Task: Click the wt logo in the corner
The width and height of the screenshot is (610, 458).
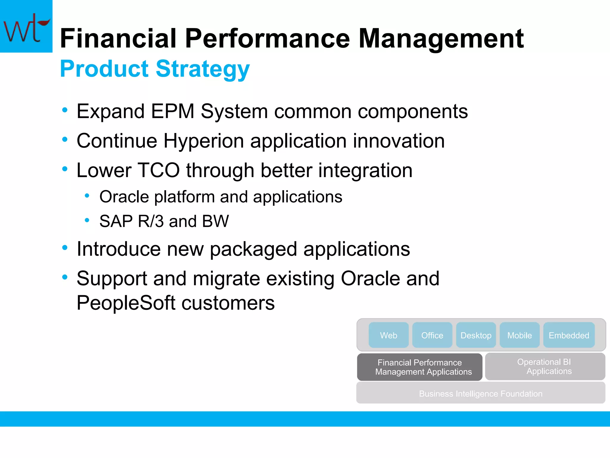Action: [x=26, y=26]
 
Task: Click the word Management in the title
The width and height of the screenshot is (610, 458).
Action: [x=441, y=39]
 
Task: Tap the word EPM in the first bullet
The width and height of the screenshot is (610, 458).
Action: [x=173, y=112]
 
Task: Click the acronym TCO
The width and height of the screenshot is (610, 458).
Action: [x=159, y=171]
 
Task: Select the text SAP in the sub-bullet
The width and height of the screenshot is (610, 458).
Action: [x=116, y=221]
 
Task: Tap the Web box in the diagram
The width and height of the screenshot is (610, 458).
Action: [x=388, y=335]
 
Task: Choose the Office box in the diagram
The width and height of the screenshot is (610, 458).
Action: [x=432, y=335]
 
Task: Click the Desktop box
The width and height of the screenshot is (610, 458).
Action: [x=476, y=335]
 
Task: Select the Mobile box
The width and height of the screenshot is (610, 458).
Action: [x=519, y=335]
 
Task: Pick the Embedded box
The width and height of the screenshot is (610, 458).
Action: [x=569, y=335]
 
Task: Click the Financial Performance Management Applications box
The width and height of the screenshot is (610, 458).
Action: [x=420, y=367]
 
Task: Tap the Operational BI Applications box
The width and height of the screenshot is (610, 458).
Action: [x=545, y=366]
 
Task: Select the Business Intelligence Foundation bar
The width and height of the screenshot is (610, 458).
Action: [x=480, y=393]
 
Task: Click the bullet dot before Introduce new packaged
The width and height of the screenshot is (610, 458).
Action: [x=65, y=247]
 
